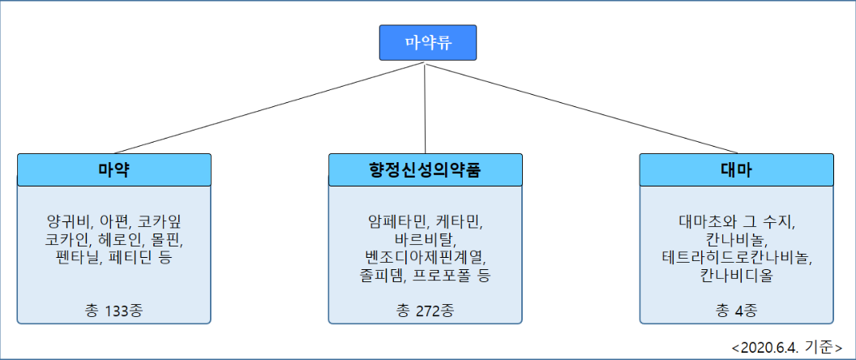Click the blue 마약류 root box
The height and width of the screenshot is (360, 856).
[428, 43]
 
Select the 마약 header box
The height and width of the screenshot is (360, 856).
[114, 170]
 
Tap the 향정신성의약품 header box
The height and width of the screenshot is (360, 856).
[426, 170]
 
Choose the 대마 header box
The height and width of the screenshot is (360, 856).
[737, 170]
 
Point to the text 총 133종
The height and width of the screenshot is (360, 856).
[114, 311]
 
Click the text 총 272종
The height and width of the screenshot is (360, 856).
[426, 311]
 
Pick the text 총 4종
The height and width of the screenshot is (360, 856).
[737, 311]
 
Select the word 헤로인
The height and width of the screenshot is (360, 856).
[114, 239]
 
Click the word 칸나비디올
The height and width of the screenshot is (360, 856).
[737, 275]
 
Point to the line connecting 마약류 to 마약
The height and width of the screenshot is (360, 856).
[268, 107]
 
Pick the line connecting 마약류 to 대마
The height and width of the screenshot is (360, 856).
[581, 107]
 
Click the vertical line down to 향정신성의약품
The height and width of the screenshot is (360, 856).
[425, 107]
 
